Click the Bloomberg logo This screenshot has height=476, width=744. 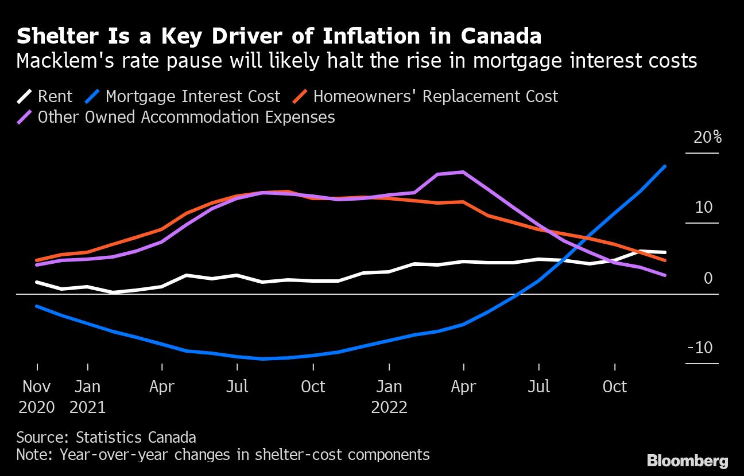point(688,461)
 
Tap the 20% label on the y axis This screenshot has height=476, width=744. point(706,138)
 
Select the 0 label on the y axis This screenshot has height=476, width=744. point(708,278)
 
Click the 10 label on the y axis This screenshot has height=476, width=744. point(704,208)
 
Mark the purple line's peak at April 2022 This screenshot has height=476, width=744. point(463,172)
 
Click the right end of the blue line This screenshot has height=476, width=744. point(665,166)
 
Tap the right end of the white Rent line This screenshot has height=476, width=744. point(665,252)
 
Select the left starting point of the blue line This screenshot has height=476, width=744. point(37,306)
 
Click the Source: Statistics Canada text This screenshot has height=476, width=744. point(106,438)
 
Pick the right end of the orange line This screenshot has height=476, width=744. point(665,260)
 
